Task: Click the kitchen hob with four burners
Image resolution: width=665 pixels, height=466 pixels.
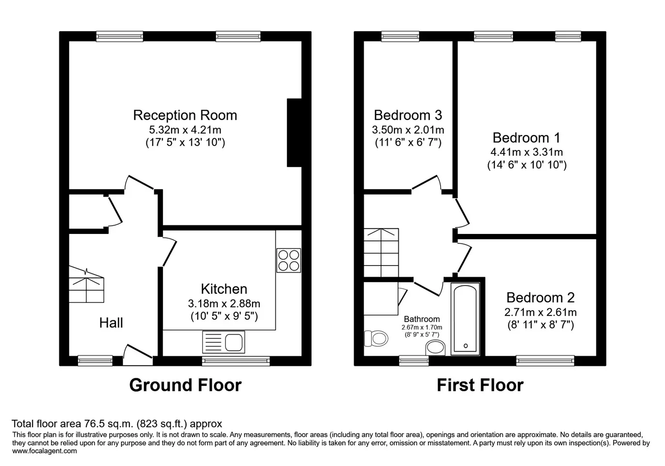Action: (288, 260)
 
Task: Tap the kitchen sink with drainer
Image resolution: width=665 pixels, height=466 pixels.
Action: (223, 342)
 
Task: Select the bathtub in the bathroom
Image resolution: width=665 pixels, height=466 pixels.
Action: (465, 319)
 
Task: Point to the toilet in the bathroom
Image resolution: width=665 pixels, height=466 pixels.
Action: (376, 338)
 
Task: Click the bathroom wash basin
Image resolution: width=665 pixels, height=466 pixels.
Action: (435, 348)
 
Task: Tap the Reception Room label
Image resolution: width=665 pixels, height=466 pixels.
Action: (185, 115)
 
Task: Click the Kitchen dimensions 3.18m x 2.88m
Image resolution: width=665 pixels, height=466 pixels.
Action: (224, 303)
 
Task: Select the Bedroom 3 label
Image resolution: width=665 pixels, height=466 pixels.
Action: (408, 115)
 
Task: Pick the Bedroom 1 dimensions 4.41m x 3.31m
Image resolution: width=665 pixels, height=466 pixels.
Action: (527, 152)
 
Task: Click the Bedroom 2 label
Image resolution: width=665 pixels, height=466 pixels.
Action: (540, 298)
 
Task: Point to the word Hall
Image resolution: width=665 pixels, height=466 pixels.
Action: (111, 323)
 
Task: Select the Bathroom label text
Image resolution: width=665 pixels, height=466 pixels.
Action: (422, 319)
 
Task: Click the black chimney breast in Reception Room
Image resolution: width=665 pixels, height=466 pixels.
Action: (294, 133)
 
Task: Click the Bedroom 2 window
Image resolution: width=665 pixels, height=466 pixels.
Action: (545, 361)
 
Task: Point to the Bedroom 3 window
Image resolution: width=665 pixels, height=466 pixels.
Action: (400, 36)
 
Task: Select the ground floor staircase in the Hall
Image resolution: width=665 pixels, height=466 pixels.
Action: (86, 284)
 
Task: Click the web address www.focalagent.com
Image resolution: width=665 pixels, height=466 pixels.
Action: (45, 451)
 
